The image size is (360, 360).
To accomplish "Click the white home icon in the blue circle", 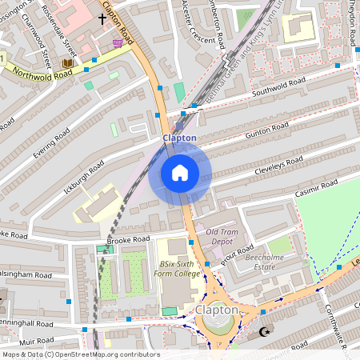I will pos(180,173).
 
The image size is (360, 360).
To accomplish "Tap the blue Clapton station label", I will pos(179,138).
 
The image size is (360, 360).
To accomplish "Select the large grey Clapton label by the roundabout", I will pos(216,310).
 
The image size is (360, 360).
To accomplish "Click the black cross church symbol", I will pos(102,17).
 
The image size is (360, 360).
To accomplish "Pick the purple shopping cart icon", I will pos(118,42).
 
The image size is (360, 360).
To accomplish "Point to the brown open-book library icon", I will pos(67,63).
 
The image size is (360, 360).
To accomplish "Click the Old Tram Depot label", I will pos(222,237).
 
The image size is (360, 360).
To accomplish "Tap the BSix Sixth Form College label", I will pos(179,268).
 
